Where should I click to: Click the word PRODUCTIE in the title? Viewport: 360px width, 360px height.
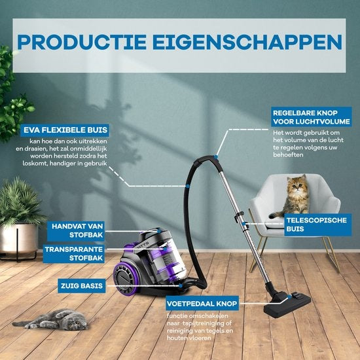pos(82,43)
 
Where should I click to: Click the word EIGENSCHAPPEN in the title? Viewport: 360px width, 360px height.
pos(247,43)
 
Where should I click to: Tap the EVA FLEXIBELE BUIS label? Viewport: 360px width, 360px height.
pos(65,130)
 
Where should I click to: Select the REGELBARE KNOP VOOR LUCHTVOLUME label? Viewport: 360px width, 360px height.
pos(312,117)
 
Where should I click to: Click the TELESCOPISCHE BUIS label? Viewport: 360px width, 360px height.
pos(317,225)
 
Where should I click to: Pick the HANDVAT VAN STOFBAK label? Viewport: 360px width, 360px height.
pos(76,231)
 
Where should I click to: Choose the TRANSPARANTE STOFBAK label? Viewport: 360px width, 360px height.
pos(74,254)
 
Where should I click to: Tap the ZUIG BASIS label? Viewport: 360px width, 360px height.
pos(82,286)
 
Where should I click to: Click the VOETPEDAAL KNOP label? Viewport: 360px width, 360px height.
pos(202,304)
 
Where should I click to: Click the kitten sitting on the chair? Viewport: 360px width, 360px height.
pos(294,196)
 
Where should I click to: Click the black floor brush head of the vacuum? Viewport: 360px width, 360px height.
pos(287,303)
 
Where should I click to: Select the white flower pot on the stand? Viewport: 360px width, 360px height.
pos(19,239)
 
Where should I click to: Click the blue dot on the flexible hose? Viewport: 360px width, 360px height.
pos(188,186)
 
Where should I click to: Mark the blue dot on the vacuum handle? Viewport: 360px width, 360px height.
pos(215,157)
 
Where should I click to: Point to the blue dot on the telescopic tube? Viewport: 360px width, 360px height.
pos(243,223)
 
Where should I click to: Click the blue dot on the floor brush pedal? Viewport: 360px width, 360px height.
pos(289,297)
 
